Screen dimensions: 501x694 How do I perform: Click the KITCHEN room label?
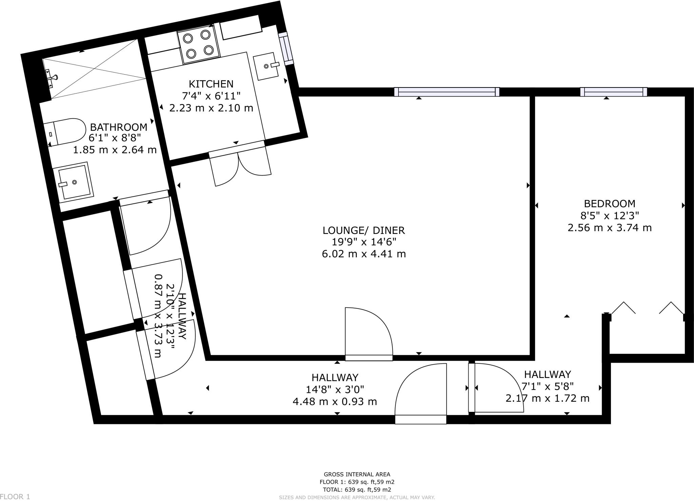click(x=211, y=84)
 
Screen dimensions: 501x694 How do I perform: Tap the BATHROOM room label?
click(x=118, y=127)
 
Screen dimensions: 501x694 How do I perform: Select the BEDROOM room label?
click(x=610, y=204)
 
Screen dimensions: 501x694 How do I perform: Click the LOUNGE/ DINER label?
click(x=364, y=231)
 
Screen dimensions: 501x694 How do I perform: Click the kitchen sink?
click(x=267, y=66)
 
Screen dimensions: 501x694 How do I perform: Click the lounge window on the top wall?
click(x=447, y=92)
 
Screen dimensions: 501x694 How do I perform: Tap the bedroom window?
click(x=613, y=92)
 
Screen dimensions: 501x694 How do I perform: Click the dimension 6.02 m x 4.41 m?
click(x=364, y=254)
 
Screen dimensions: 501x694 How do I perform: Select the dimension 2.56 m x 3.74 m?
click(x=610, y=227)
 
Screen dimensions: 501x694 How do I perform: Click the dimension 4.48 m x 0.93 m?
click(x=334, y=402)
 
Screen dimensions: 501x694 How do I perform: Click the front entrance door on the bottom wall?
click(x=421, y=419)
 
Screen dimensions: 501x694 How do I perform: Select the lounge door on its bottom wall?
click(x=369, y=358)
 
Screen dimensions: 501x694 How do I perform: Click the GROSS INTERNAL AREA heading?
click(x=357, y=475)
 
